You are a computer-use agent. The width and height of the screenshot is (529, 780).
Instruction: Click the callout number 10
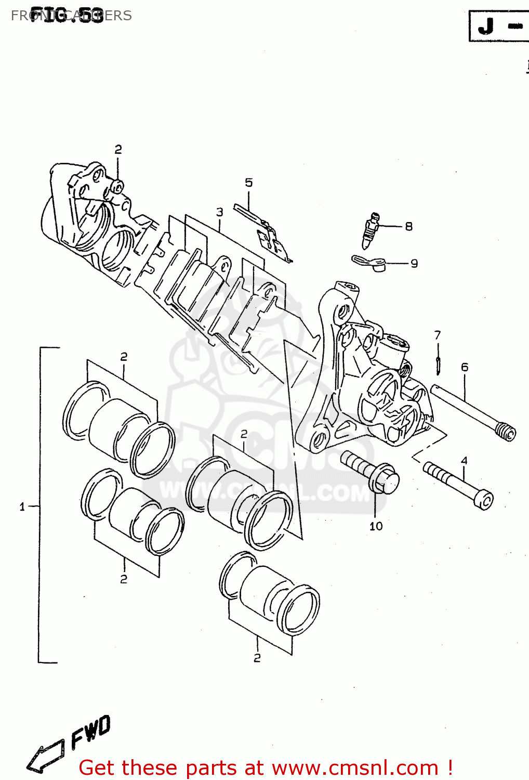(376, 526)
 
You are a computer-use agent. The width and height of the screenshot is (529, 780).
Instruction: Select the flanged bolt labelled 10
(370, 471)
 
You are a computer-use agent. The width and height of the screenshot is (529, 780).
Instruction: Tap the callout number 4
(464, 460)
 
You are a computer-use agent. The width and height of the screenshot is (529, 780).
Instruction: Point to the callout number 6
(464, 367)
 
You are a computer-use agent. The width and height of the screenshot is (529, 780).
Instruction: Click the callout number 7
(438, 335)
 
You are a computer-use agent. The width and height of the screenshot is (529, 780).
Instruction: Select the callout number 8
(408, 226)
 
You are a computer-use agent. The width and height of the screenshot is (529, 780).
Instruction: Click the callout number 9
(414, 263)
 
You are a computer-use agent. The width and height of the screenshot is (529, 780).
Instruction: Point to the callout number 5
(249, 183)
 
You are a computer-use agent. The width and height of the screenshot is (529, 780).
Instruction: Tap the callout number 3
(219, 212)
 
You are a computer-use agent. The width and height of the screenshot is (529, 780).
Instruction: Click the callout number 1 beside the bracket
(22, 506)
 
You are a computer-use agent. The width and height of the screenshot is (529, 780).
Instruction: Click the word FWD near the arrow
(91, 731)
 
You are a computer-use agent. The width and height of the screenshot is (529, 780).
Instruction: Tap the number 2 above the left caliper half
(118, 149)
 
